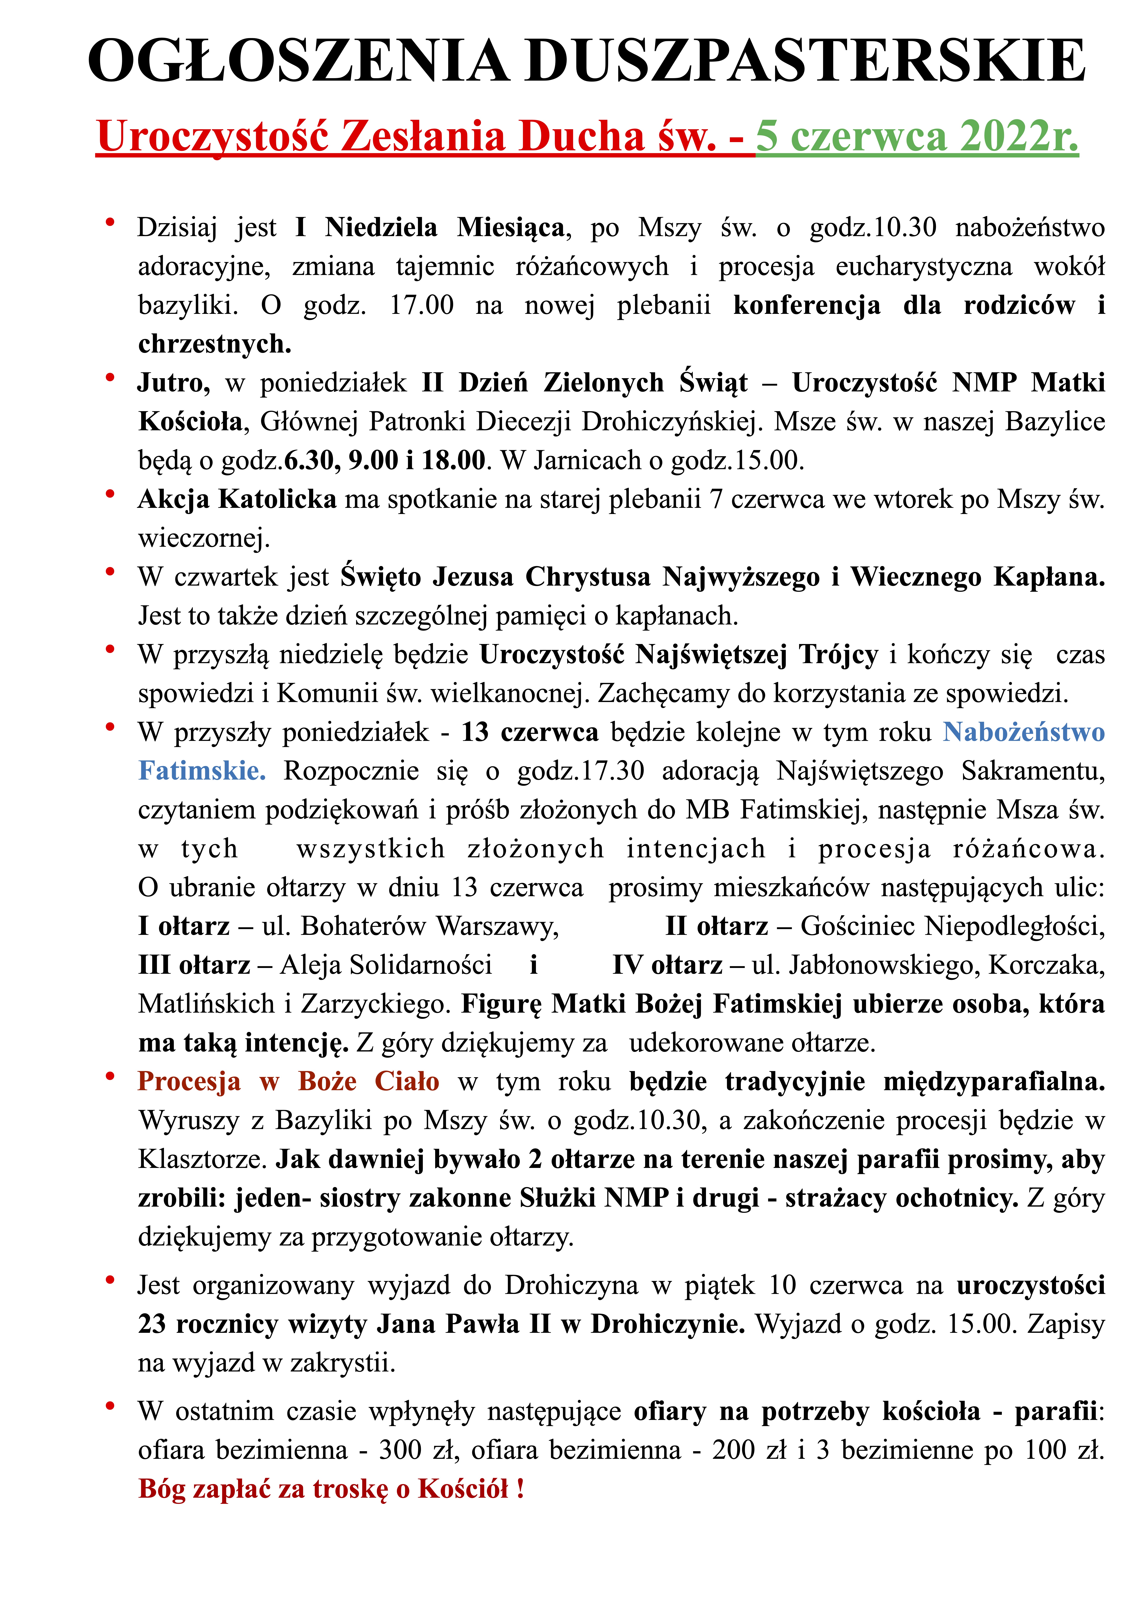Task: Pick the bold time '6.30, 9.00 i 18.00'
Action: [384, 460]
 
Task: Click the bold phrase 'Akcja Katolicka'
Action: [237, 499]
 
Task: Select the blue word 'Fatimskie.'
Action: [202, 771]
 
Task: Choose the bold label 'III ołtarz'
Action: [194, 965]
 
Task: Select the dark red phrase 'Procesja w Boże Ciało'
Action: [288, 1081]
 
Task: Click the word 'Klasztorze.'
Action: [202, 1159]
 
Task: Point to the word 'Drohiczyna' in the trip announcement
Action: [571, 1285]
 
